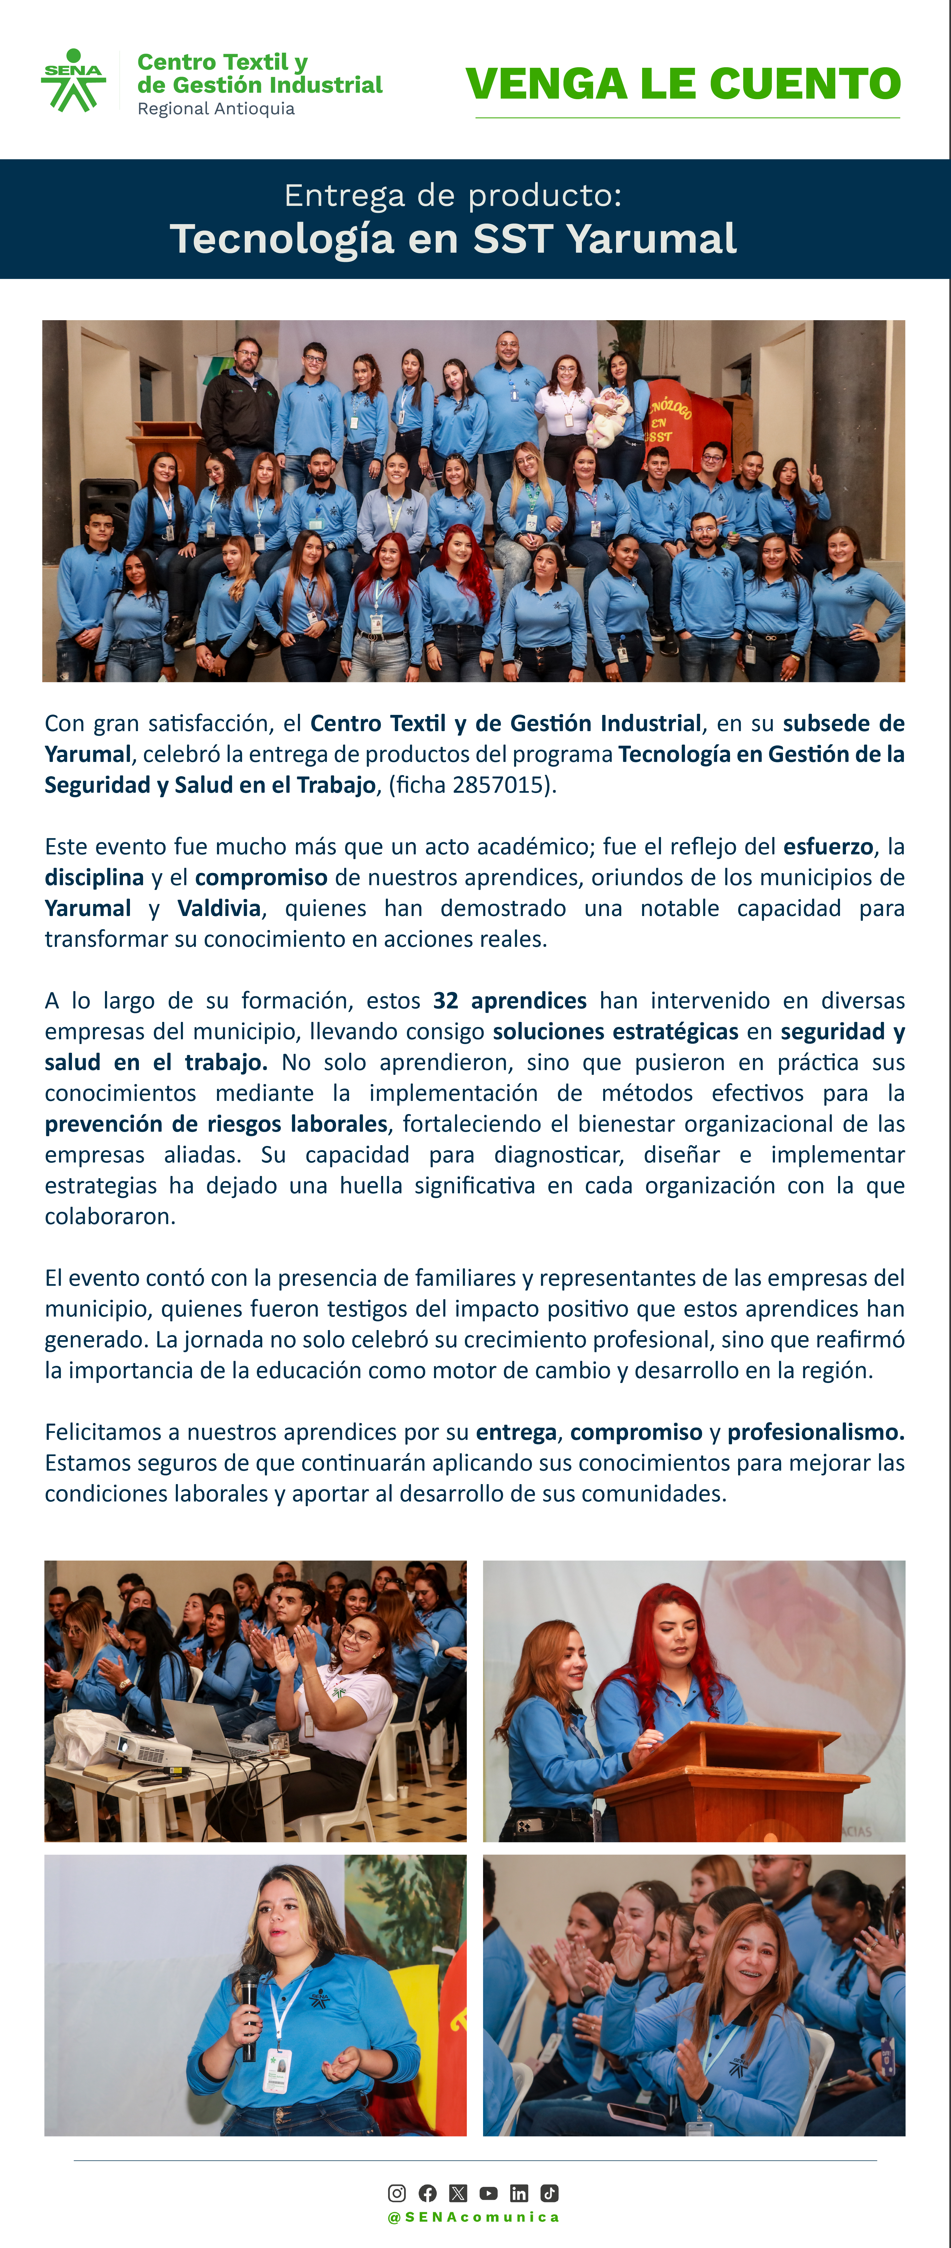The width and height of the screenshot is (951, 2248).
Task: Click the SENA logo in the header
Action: point(73,80)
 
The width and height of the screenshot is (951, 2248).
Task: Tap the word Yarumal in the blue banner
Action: point(651,238)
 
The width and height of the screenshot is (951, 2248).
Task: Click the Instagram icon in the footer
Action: point(397,2193)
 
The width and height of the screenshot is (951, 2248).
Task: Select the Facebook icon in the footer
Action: point(428,2193)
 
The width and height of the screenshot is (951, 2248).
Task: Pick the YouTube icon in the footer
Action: point(489,2193)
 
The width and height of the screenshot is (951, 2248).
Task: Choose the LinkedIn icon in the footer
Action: point(519,2193)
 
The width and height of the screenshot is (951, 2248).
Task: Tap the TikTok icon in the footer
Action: point(550,2193)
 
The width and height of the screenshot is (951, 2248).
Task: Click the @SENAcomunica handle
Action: point(474,2217)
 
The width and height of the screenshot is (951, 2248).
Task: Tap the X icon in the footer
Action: point(458,2193)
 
